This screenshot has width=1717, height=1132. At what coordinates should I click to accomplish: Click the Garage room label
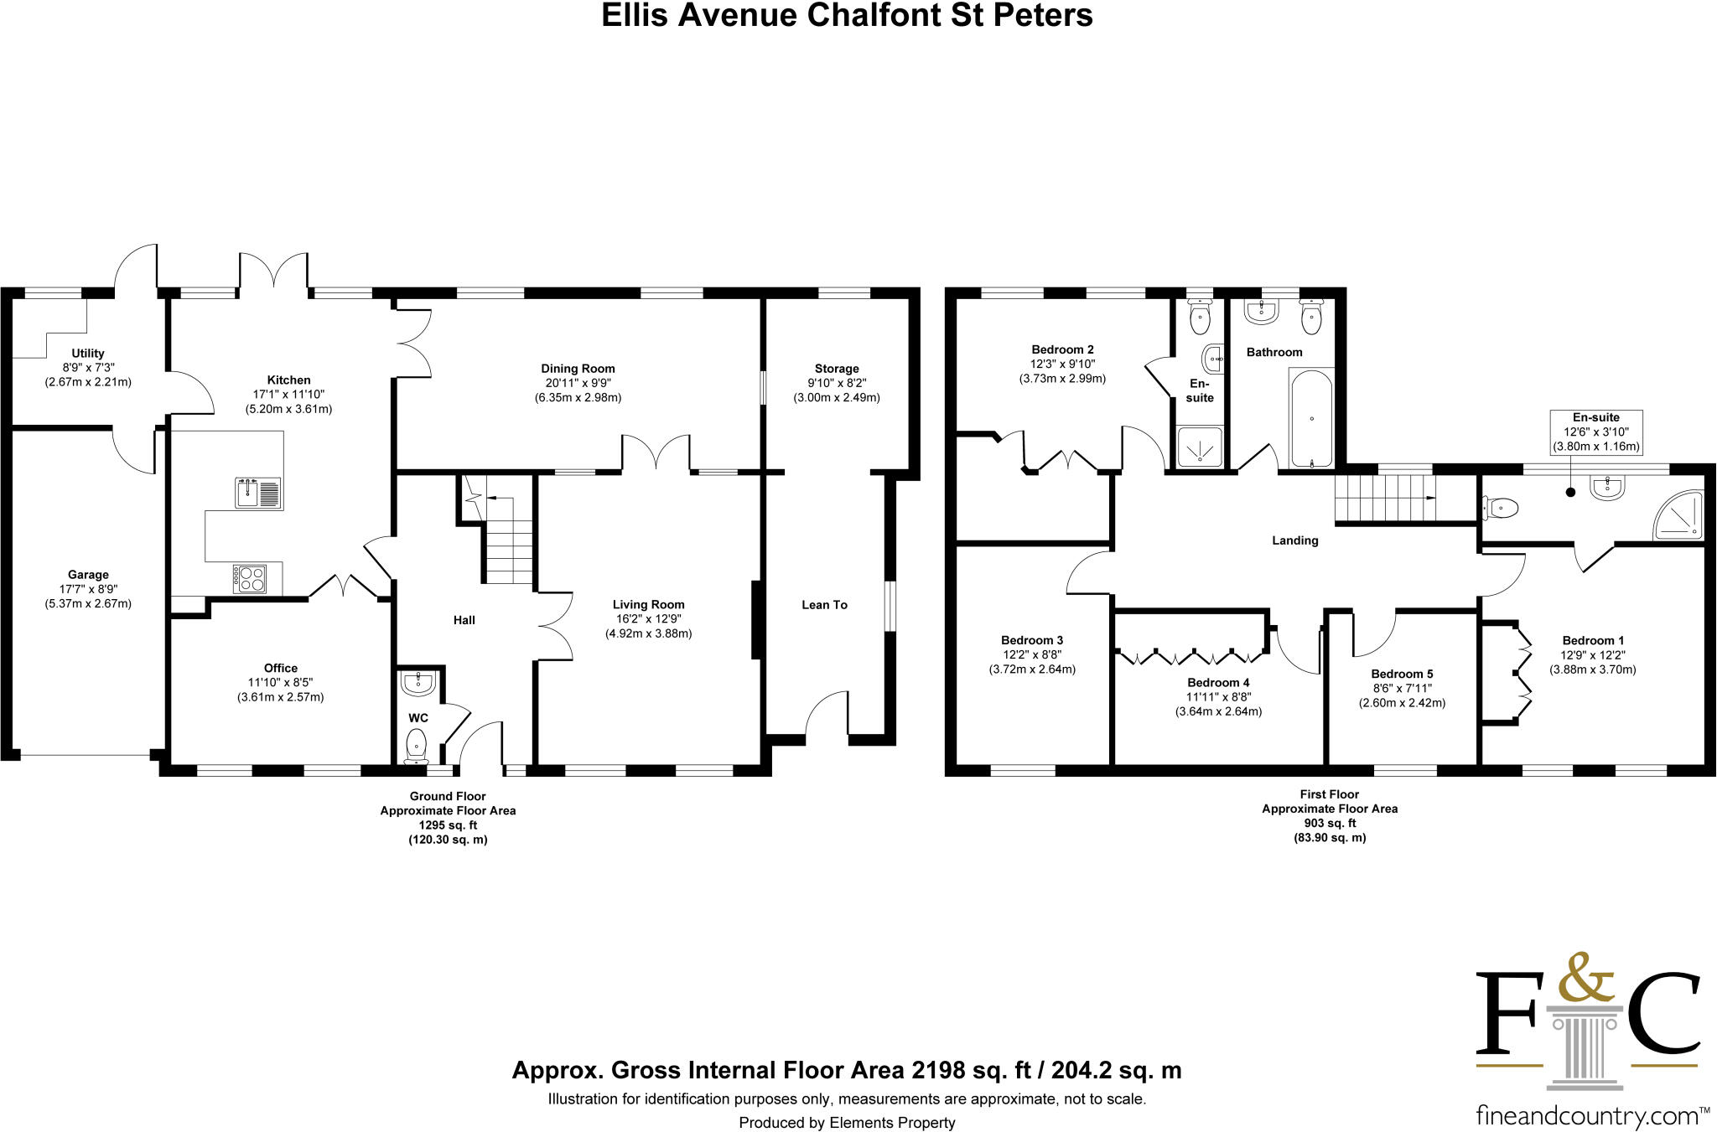pyautogui.click(x=88, y=575)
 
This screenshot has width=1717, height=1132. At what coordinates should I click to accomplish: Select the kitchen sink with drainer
pyautogui.click(x=259, y=493)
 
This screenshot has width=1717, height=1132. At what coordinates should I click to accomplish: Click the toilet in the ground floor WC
pyautogui.click(x=416, y=745)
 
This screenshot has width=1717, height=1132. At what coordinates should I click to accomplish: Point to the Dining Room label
pyautogui.click(x=578, y=369)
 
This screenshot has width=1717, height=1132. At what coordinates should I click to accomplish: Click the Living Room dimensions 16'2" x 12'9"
pyautogui.click(x=648, y=619)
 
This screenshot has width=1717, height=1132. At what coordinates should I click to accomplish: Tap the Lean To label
pyautogui.click(x=824, y=605)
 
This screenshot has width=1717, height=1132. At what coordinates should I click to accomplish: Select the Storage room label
pyautogui.click(x=837, y=369)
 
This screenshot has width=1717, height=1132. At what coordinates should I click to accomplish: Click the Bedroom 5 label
pyautogui.click(x=1402, y=674)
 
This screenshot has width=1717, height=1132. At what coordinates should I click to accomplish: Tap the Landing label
pyautogui.click(x=1295, y=540)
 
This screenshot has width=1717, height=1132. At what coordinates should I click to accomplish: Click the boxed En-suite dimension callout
pyautogui.click(x=1596, y=432)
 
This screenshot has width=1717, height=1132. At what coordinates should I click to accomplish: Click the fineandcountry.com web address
pyautogui.click(x=1587, y=1115)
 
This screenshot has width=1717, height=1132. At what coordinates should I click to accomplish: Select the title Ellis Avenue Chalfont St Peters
pyautogui.click(x=847, y=16)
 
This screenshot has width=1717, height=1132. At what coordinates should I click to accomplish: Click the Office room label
pyautogui.click(x=281, y=668)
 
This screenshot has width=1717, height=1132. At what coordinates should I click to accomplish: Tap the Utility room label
pyautogui.click(x=88, y=354)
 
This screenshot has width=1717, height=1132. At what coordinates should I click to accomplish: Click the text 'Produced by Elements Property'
pyautogui.click(x=847, y=1123)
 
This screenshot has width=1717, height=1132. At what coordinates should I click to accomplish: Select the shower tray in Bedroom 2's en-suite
pyautogui.click(x=1200, y=446)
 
